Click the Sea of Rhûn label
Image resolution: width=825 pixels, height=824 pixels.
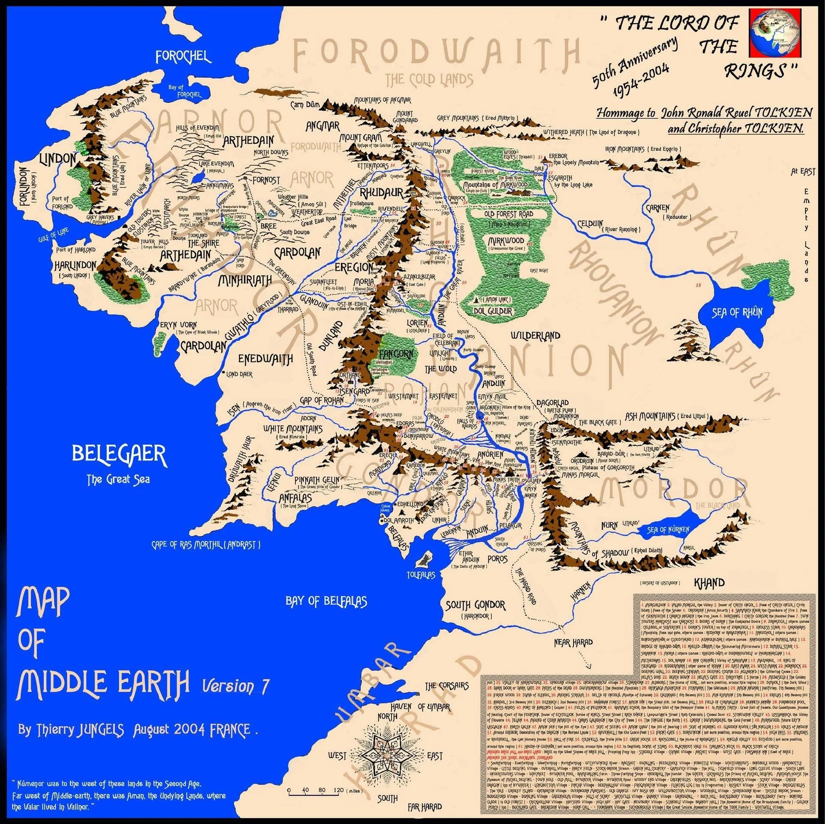tap(737, 312)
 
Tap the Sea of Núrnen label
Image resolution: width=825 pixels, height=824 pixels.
tap(668, 530)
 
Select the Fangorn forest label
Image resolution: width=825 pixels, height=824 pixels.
tap(396, 354)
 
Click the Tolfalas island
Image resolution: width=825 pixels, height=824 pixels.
tap(426, 559)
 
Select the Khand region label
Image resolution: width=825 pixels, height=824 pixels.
tap(709, 583)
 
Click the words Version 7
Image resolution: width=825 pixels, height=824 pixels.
tap(235, 686)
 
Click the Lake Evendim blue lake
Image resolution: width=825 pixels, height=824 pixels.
tap(198, 178)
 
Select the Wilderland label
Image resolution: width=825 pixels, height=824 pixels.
tap(535, 335)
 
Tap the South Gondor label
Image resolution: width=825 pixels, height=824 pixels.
tap(475, 606)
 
